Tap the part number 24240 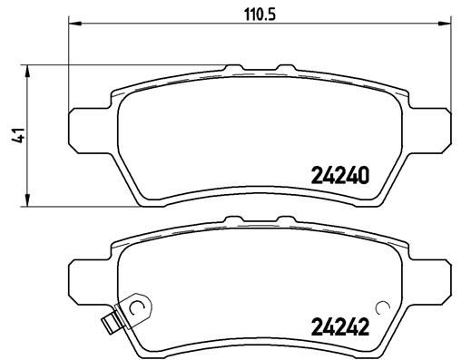(x=340, y=178)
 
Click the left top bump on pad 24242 (x=234, y=218)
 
